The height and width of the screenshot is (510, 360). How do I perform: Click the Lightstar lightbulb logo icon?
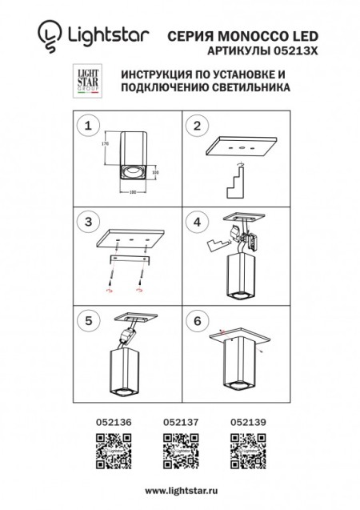[x=49, y=34]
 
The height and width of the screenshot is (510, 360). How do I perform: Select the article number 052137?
[x=178, y=418]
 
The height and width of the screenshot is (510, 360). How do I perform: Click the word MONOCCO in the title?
[x=250, y=35]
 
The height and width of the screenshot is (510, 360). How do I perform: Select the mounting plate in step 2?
[x=240, y=148]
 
